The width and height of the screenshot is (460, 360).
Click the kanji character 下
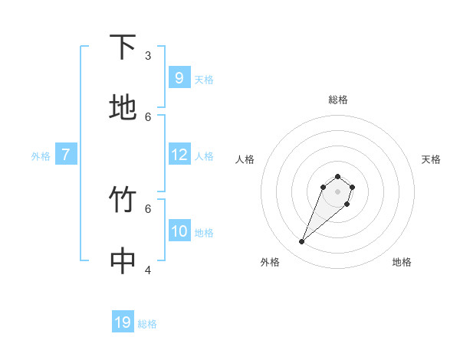point(123,47)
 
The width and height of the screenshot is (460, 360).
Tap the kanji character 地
point(123,108)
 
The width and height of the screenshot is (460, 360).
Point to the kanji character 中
point(123,261)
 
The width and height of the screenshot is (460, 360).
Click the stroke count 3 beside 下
point(148,55)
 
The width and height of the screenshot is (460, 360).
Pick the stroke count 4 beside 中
point(148,270)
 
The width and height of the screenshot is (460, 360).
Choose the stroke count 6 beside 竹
point(148,208)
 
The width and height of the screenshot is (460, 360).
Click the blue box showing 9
point(179,78)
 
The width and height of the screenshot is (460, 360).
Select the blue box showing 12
point(179,155)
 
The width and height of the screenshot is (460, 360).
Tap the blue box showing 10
point(179,231)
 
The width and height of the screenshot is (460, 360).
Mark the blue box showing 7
point(66,155)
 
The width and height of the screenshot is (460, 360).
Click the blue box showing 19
point(123,322)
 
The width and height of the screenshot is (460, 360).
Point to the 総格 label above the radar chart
point(337,100)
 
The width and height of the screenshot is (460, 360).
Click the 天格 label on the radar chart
point(431,159)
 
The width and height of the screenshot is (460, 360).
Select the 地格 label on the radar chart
point(402,262)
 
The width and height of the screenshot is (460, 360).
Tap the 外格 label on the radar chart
point(270,262)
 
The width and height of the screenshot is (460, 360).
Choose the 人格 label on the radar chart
point(245,159)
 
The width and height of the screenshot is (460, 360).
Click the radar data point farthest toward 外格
point(302,242)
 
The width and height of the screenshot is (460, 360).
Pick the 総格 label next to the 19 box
point(147,324)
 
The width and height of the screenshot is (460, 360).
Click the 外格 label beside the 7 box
point(41,156)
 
